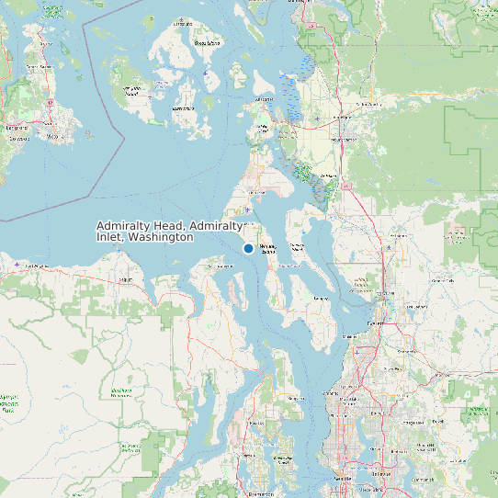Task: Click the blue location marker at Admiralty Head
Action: tap(248, 248)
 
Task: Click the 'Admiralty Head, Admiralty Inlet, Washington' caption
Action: tap(170, 231)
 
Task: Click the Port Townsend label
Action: tap(220, 266)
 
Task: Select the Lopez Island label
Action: tap(183, 108)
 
